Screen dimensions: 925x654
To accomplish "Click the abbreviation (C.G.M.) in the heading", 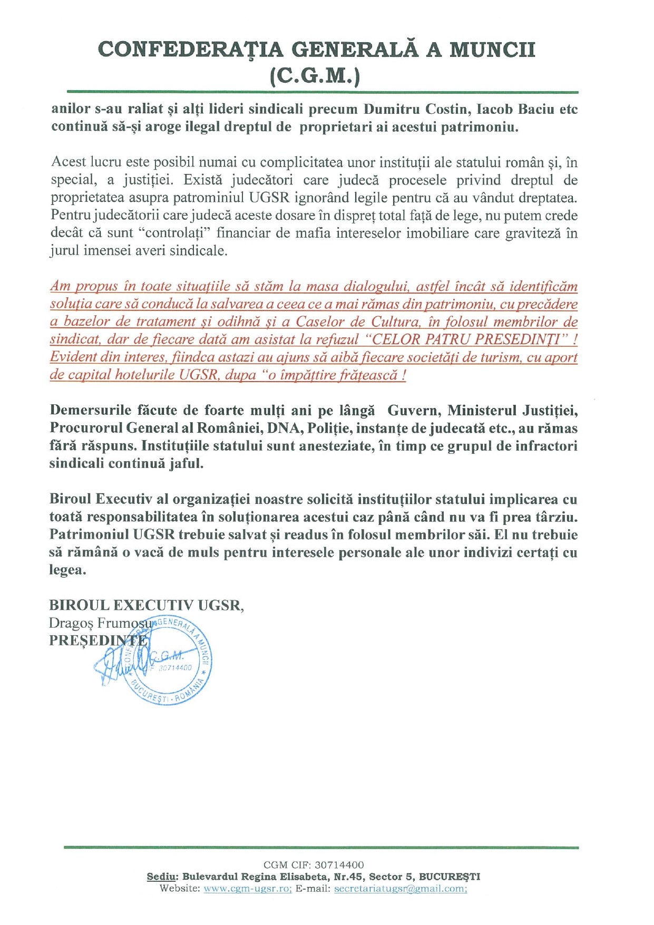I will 315,76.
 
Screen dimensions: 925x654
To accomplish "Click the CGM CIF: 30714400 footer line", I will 314,865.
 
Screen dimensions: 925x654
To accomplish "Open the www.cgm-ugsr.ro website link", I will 247,889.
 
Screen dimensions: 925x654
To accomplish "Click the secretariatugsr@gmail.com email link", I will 400,889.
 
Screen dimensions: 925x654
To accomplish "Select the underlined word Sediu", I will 161,877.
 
